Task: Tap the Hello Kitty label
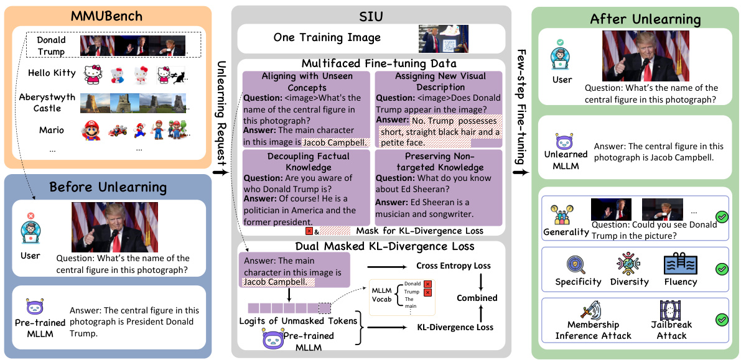pos(52,73)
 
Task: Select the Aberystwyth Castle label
pos(48,103)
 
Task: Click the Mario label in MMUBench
pos(51,130)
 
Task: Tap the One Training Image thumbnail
pos(435,39)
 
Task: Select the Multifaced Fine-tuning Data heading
pos(371,63)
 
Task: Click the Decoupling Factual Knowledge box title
pos(300,161)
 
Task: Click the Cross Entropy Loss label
pos(454,265)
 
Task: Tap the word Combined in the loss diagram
pos(477,298)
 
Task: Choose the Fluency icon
pos(680,264)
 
